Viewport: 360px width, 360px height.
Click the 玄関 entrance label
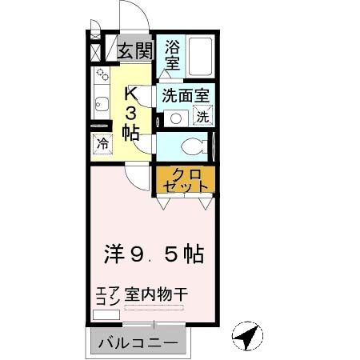click(135, 50)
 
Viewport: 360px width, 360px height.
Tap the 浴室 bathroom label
click(172, 54)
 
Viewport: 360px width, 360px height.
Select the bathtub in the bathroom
click(200, 55)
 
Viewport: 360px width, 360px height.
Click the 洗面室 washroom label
click(186, 94)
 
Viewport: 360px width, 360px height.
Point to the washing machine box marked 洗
click(202, 117)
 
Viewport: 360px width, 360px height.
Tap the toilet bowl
click(190, 146)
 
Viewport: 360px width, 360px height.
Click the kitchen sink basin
click(101, 103)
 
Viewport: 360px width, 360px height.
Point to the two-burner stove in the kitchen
click(102, 78)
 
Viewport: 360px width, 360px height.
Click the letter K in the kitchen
click(131, 93)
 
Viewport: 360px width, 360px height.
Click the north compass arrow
click(249, 338)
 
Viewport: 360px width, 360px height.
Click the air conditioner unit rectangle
click(106, 314)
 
